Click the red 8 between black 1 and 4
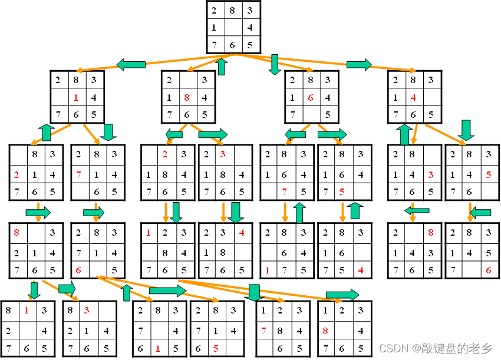pos(187,97)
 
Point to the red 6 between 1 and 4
pos(311,97)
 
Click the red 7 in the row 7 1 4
pos(78,175)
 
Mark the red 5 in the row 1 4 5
pos(488,175)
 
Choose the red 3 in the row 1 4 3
pos(431,175)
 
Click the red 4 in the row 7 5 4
pos(361,270)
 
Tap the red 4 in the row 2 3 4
pos(242,233)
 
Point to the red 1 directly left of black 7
pos(268,270)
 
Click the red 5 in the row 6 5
pos(216,348)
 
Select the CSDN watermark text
pos(435,349)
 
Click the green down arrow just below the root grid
pos(274,64)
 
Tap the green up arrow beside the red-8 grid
pos(222,67)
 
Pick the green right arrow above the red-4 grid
pos(360,64)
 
